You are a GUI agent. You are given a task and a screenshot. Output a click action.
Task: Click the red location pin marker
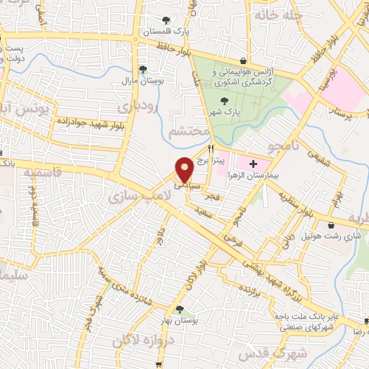[185, 169]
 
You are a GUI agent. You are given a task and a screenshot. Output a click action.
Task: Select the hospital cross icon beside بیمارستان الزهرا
[252, 164]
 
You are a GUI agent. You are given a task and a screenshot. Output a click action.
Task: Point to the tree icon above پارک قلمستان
[166, 21]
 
